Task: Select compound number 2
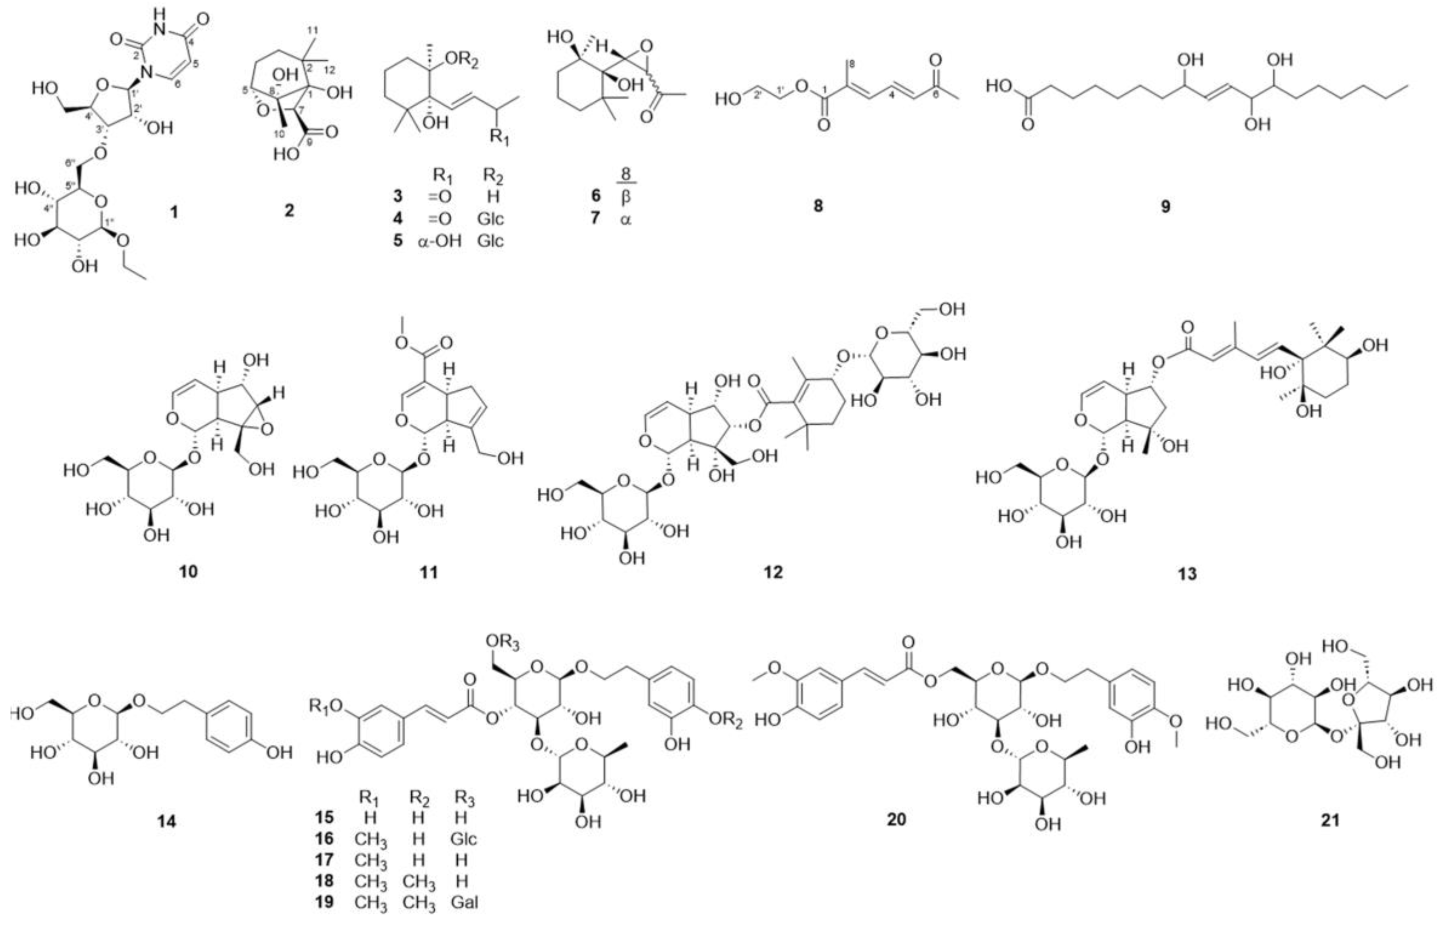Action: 289,210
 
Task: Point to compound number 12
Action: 773,571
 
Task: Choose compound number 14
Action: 167,820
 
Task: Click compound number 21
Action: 1330,820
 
